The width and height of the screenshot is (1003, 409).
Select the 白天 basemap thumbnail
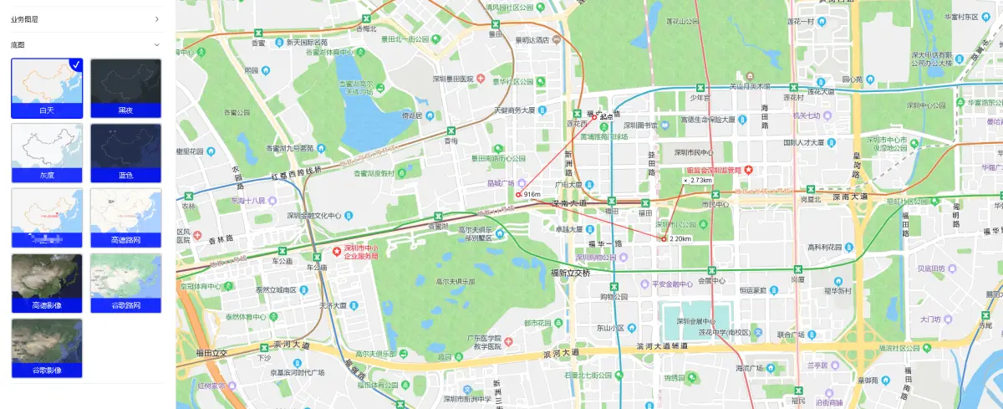(46, 88)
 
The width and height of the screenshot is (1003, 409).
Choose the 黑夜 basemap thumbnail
(125, 88)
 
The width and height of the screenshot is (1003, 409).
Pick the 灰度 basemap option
(46, 152)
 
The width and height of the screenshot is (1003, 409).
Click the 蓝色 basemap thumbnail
(125, 152)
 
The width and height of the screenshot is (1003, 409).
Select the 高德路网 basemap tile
(125, 217)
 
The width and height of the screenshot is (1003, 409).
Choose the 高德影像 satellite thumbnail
(46, 283)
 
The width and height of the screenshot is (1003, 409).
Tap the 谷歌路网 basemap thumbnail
(125, 283)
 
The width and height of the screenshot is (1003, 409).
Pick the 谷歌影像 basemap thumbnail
(46, 347)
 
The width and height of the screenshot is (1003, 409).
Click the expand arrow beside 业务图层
(156, 18)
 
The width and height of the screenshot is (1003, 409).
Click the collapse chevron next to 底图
(156, 44)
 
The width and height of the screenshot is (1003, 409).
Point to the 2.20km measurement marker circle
(664, 239)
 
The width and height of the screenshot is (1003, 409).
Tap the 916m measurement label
(532, 194)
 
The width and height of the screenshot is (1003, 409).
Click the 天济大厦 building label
(333, 305)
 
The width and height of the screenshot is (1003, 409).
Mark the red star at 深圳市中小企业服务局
(337, 250)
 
